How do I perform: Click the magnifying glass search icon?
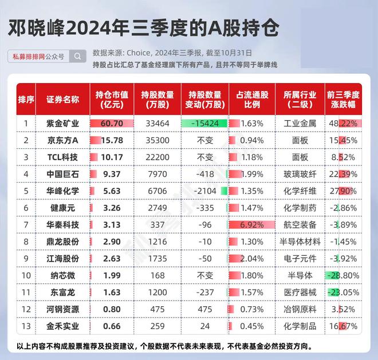pos(77,56)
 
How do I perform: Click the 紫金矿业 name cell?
pos(62,124)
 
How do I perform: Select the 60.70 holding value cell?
pos(112,124)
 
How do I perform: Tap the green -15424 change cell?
pos(204,124)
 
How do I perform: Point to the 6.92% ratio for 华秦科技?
pos(251,225)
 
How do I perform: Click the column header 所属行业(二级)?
pos(300,99)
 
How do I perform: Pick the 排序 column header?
pos(26,99)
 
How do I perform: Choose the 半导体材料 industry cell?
pos(300,242)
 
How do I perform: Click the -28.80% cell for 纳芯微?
pos(343,275)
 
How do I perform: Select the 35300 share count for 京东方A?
pos(157,140)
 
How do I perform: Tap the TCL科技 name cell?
pos(62,157)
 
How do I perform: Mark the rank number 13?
pos(26,326)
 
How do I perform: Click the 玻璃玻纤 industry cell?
pos(300,174)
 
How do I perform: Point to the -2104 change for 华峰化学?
pos(205,191)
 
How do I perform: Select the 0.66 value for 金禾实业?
pos(112,326)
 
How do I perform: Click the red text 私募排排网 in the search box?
pos(29,57)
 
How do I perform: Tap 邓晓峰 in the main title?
pos(37,28)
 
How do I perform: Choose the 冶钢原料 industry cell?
pos(300,309)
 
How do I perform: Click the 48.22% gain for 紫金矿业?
pos(343,124)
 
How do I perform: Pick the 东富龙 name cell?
pos(62,292)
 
